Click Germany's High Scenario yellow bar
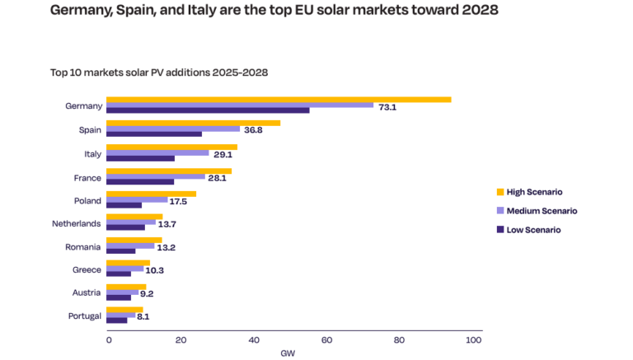tap(279, 100)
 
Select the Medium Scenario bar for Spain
tap(173, 129)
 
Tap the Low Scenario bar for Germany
tap(208, 110)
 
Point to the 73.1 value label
tap(387, 107)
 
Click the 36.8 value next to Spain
tap(253, 130)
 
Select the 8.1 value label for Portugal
tap(143, 316)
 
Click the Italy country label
tap(92, 154)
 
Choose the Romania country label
tap(83, 246)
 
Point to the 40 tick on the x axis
tap(254, 339)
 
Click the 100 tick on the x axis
tap(472, 339)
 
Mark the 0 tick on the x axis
tap(108, 339)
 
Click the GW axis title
tap(288, 353)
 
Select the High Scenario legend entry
tap(534, 192)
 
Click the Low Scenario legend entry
tap(533, 230)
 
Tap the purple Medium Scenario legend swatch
tap(499, 211)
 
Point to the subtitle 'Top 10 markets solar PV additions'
tap(131, 72)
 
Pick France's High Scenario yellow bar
tap(169, 171)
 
